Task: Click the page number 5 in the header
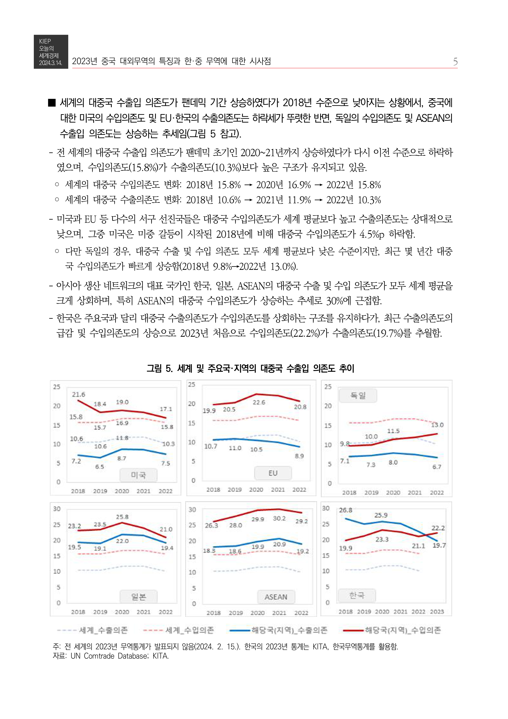(x=455, y=62)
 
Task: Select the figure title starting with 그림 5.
(x=250, y=368)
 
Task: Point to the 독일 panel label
(x=358, y=396)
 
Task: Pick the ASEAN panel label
(x=276, y=597)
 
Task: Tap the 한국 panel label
(x=357, y=595)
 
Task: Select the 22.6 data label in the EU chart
(x=259, y=402)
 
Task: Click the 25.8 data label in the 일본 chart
(x=122, y=517)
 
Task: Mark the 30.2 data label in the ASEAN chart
(x=279, y=519)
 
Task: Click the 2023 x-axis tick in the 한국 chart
(x=437, y=612)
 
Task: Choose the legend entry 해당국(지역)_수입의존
(x=403, y=630)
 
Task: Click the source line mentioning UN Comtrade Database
(x=111, y=656)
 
